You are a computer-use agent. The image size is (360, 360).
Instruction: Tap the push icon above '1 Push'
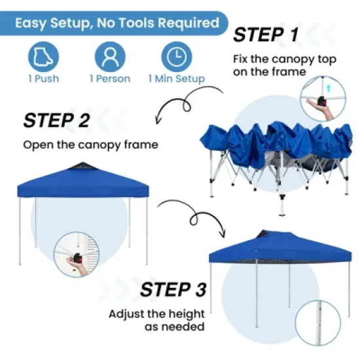pos(43,57)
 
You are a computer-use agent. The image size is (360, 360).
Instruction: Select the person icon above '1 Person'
pos(110,57)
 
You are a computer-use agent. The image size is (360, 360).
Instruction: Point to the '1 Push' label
pos(43,79)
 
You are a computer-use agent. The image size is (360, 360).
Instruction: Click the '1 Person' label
pos(110,79)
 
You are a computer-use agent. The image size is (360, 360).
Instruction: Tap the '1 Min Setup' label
pos(176,79)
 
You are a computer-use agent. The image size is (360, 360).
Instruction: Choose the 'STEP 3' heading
pos(173,289)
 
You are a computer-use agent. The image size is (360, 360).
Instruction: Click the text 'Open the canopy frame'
pos(90,145)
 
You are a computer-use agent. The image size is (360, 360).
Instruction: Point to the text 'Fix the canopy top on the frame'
pos(285,65)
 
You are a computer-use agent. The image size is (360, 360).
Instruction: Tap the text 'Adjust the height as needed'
pos(156,320)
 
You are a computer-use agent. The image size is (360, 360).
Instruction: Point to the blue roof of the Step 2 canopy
pos(82,179)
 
